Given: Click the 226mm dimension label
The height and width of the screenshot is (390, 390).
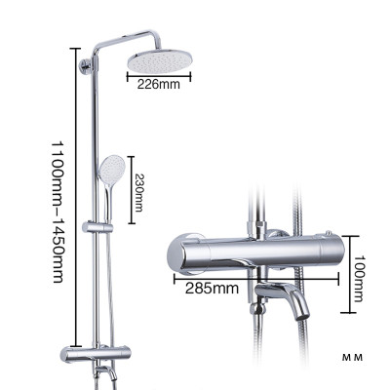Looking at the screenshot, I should point(158,84).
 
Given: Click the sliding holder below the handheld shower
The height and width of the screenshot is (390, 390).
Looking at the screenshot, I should point(98,228).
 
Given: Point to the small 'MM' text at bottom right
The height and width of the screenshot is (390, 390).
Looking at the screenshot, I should point(351,358).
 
